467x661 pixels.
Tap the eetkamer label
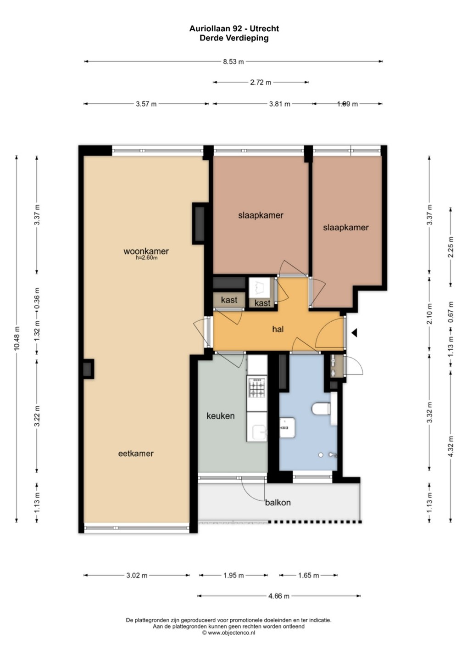tap(136, 453)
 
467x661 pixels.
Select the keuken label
tap(221, 416)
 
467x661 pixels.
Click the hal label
tap(278, 329)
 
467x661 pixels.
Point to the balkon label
tap(278, 502)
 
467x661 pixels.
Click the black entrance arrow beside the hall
tap(354, 333)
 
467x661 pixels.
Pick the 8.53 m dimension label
tap(233, 62)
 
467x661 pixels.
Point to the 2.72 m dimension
tap(260, 82)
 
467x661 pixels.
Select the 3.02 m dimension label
tap(137, 576)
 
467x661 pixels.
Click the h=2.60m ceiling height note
tap(146, 258)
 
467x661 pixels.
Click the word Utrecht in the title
tap(264, 28)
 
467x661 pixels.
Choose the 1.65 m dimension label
tap(308, 576)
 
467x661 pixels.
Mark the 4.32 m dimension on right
tap(451, 447)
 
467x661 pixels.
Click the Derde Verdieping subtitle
tap(234, 38)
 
